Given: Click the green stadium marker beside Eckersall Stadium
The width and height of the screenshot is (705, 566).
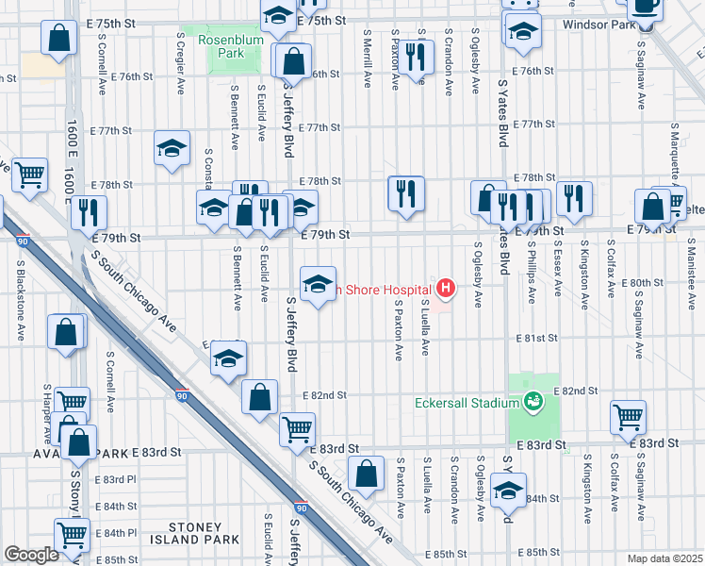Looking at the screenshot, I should (x=534, y=402).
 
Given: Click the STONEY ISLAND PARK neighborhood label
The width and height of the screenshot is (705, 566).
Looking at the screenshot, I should (x=197, y=534).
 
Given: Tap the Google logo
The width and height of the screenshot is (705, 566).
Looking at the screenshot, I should (x=31, y=555).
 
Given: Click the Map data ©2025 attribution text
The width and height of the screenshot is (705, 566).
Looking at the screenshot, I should (x=664, y=558).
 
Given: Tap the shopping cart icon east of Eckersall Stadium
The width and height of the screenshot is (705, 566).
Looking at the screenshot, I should (x=628, y=415).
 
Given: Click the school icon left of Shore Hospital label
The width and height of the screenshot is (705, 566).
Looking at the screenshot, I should (x=319, y=281).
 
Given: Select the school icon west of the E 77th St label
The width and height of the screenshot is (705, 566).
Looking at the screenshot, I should (x=172, y=147).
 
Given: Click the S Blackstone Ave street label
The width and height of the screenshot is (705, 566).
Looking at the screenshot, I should (x=20, y=307).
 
